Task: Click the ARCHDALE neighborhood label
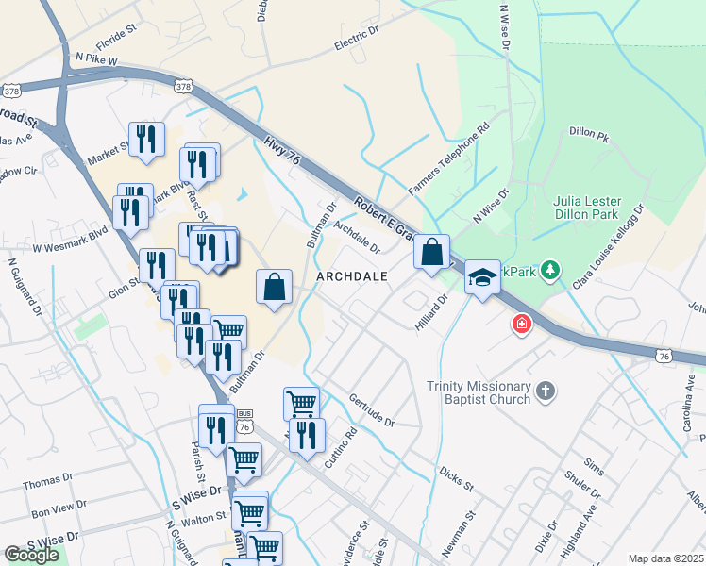click(352, 276)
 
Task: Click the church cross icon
click(545, 391)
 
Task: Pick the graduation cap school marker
click(482, 277)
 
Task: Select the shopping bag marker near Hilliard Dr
click(431, 252)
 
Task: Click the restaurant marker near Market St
click(146, 140)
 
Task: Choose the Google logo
click(32, 555)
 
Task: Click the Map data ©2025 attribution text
click(665, 558)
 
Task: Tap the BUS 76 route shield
click(244, 423)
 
